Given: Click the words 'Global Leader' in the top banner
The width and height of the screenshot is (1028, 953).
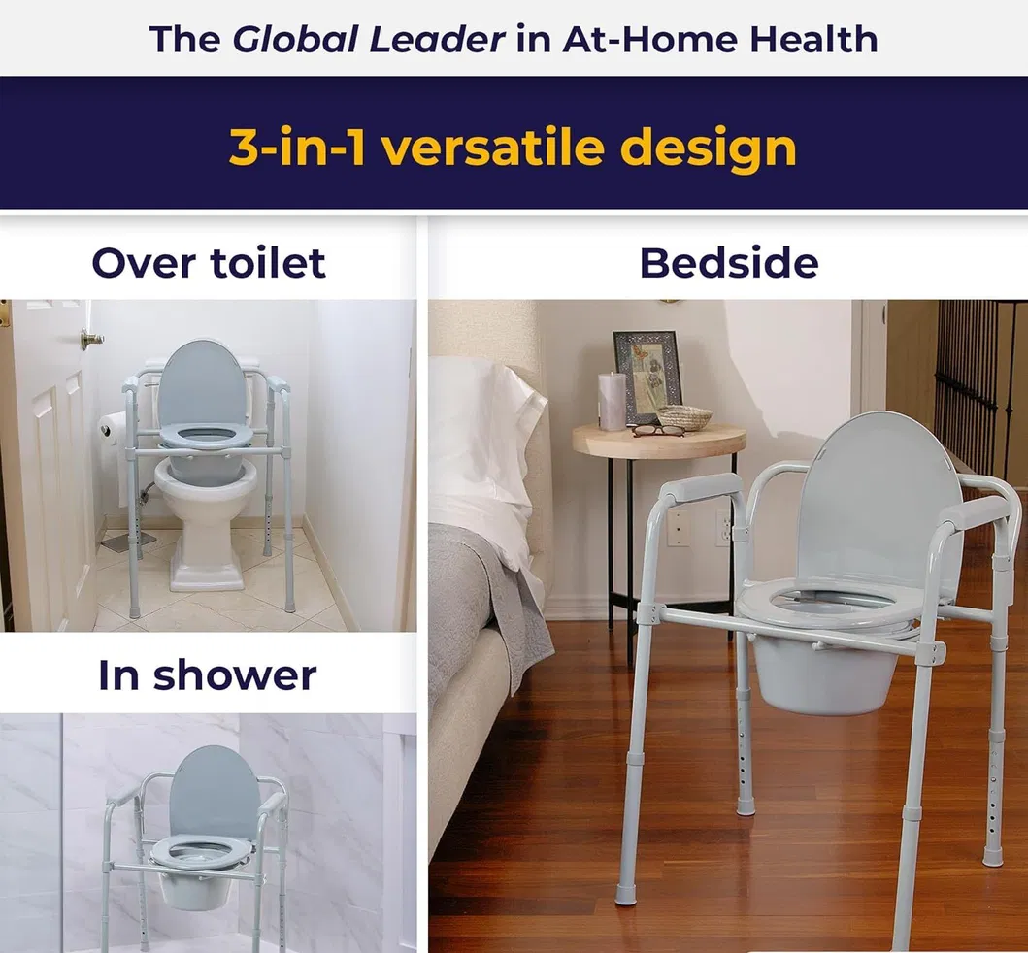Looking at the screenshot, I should tap(369, 39).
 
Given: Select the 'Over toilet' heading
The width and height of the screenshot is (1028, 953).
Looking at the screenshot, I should tap(209, 263).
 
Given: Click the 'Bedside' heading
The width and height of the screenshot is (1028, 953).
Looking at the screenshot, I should tap(728, 263).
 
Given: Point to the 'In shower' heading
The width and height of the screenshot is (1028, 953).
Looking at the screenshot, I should tap(208, 675).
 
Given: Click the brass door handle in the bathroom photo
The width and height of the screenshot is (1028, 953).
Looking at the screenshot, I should tap(91, 339).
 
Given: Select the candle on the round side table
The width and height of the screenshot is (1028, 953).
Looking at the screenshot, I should tap(612, 400).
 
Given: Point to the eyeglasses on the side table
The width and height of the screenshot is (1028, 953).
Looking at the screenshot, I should tap(659, 430).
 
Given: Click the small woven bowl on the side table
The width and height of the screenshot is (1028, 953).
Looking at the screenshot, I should tap(684, 416).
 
